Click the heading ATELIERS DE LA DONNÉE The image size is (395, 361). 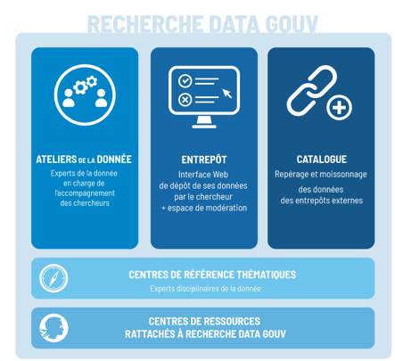pos(84,160)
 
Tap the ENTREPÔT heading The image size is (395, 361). pos(204,160)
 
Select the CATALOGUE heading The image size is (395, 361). pos(322,160)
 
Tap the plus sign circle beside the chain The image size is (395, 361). pos(339,108)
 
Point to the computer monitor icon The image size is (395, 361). pos(204,97)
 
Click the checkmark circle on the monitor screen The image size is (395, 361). pos(185,81)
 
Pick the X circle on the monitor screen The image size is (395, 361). pos(185,100)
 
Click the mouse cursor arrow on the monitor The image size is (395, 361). pos(227,93)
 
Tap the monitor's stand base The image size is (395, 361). pos(204,127)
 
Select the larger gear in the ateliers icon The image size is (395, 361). pos(80,87)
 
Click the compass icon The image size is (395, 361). pos(53,278)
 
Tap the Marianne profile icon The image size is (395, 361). pos(53,328)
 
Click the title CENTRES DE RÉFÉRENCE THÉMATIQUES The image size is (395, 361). pos(212,275)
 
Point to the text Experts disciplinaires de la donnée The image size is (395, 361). pos(205,289)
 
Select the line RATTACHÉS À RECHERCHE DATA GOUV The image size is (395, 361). pos(205,334)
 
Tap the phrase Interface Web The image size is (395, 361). pos(203,175)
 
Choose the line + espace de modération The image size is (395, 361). pos(204,208)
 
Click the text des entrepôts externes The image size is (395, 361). pos(322,201)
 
